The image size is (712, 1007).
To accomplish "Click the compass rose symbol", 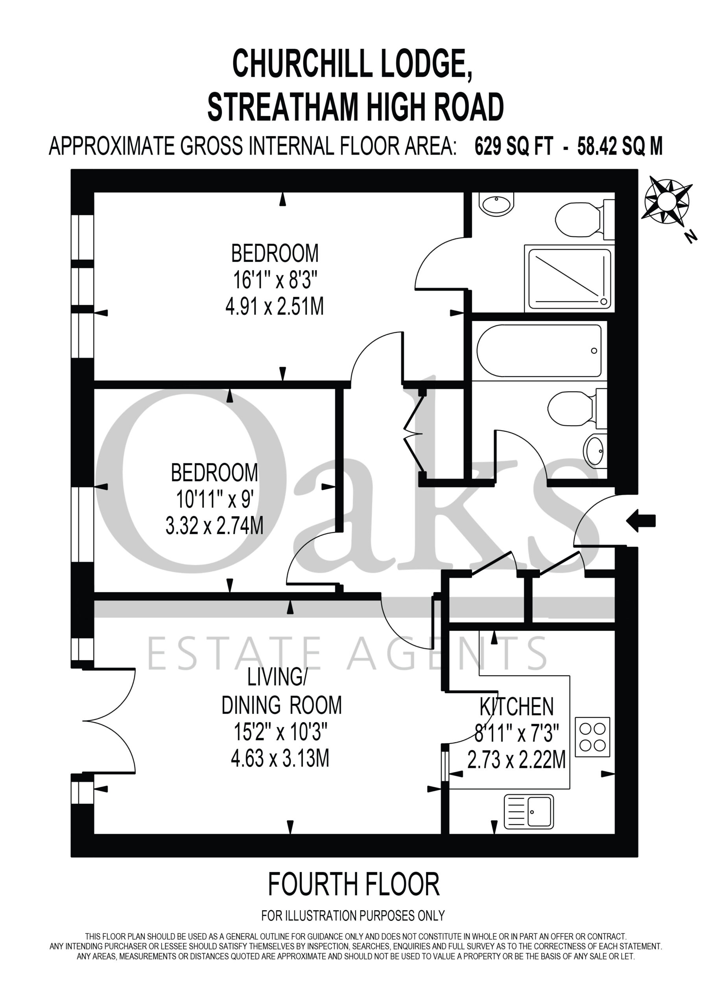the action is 668,199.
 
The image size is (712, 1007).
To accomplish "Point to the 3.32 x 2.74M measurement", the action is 214,526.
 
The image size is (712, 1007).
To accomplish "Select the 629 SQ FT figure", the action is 514,146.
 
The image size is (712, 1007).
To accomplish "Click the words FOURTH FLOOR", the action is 354,884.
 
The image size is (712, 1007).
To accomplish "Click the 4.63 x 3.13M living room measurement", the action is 280,758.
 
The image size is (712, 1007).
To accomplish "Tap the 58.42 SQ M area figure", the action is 620,146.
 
